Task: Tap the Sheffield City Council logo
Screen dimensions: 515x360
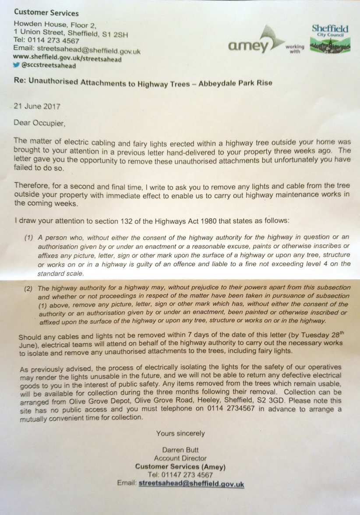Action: pyautogui.click(x=330, y=39)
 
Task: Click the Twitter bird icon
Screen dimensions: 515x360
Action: pyautogui.click(x=17, y=66)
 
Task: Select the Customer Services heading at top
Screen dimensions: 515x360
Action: pyautogui.click(x=46, y=13)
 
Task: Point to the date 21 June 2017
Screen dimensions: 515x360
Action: pyautogui.click(x=37, y=107)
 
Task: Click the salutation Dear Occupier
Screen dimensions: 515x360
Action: pyautogui.click(x=39, y=123)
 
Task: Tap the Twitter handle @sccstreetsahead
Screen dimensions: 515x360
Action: pyautogui.click(x=48, y=66)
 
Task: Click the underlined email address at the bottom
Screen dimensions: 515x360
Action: pyautogui.click(x=191, y=483)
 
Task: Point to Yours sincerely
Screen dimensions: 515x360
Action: pyautogui.click(x=180, y=433)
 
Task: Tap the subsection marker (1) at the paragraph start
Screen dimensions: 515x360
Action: pyautogui.click(x=29, y=238)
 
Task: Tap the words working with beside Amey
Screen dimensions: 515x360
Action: pyautogui.click(x=294, y=48)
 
